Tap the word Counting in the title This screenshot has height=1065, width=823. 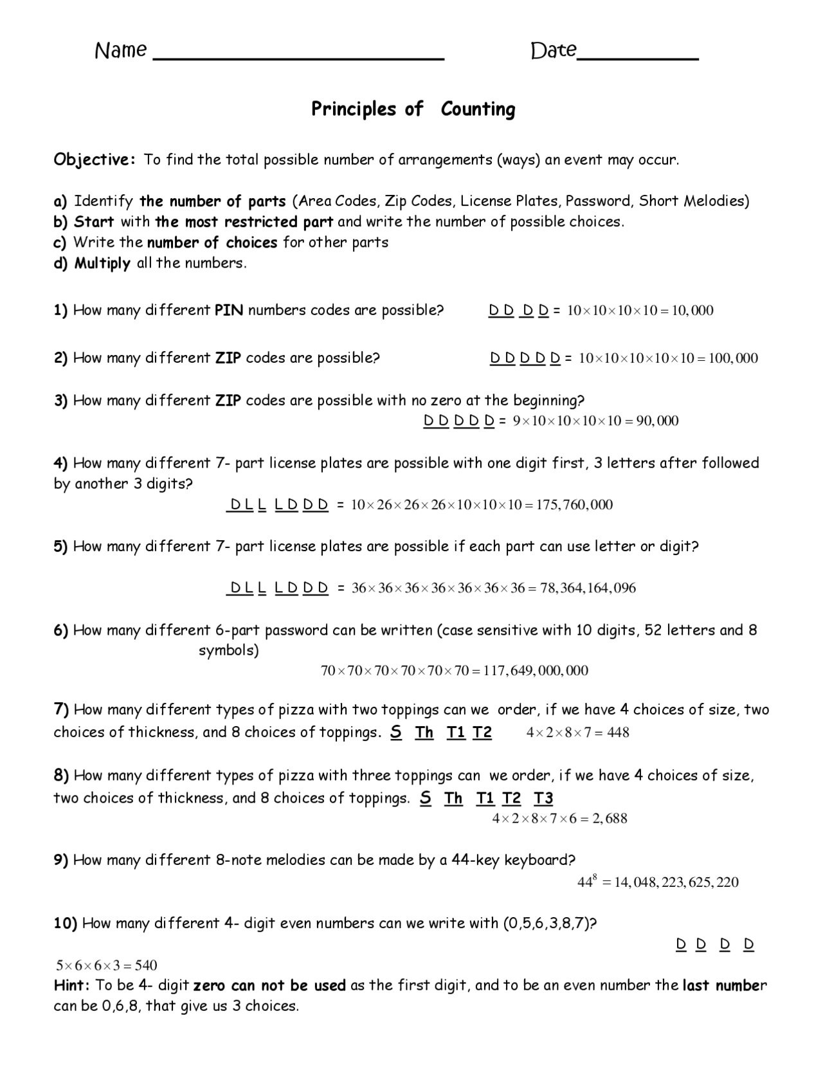478,109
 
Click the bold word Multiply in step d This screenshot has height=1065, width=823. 102,263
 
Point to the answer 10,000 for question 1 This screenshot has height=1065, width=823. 692,311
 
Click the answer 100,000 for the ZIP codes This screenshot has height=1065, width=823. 733,358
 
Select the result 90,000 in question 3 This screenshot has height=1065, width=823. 657,421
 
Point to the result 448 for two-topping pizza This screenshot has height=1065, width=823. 618,733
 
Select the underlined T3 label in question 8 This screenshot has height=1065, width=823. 543,799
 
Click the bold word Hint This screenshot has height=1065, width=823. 71,985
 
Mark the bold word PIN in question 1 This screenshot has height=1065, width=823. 229,311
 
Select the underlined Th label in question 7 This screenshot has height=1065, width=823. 424,733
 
